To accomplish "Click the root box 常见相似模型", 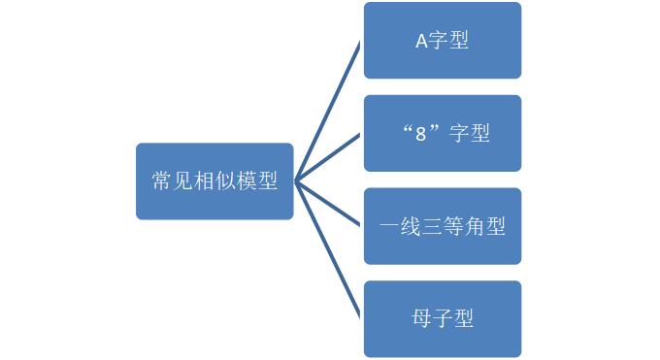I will tap(214, 180).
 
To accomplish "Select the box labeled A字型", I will tap(443, 41).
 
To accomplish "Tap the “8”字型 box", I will tap(443, 133).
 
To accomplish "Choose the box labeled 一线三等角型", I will tap(443, 226).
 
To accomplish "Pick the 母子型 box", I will tap(443, 318).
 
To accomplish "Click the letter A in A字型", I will tap(421, 42).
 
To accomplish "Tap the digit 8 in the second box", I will tap(421, 134).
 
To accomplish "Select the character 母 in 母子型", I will tap(421, 318).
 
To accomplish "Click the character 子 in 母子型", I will tap(443, 318).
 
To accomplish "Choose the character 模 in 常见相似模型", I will tap(247, 181).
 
